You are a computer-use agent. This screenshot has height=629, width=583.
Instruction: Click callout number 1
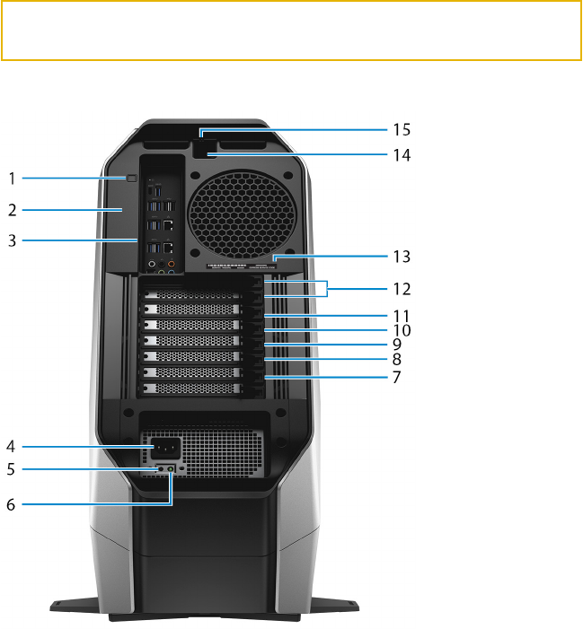12,179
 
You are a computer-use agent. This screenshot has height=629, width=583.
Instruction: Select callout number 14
401,155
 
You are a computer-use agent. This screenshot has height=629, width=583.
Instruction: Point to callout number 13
401,257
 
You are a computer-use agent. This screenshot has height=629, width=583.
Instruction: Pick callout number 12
401,290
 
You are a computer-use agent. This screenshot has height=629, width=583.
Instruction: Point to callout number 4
12,446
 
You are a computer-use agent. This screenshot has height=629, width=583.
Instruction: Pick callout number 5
12,468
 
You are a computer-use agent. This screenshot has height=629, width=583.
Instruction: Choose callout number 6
12,504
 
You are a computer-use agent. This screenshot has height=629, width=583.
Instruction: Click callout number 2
12,211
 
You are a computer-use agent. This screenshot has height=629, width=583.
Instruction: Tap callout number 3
12,240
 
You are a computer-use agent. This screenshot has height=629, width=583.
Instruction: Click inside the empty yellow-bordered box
291,31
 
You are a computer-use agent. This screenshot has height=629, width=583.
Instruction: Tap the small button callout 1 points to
131,179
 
